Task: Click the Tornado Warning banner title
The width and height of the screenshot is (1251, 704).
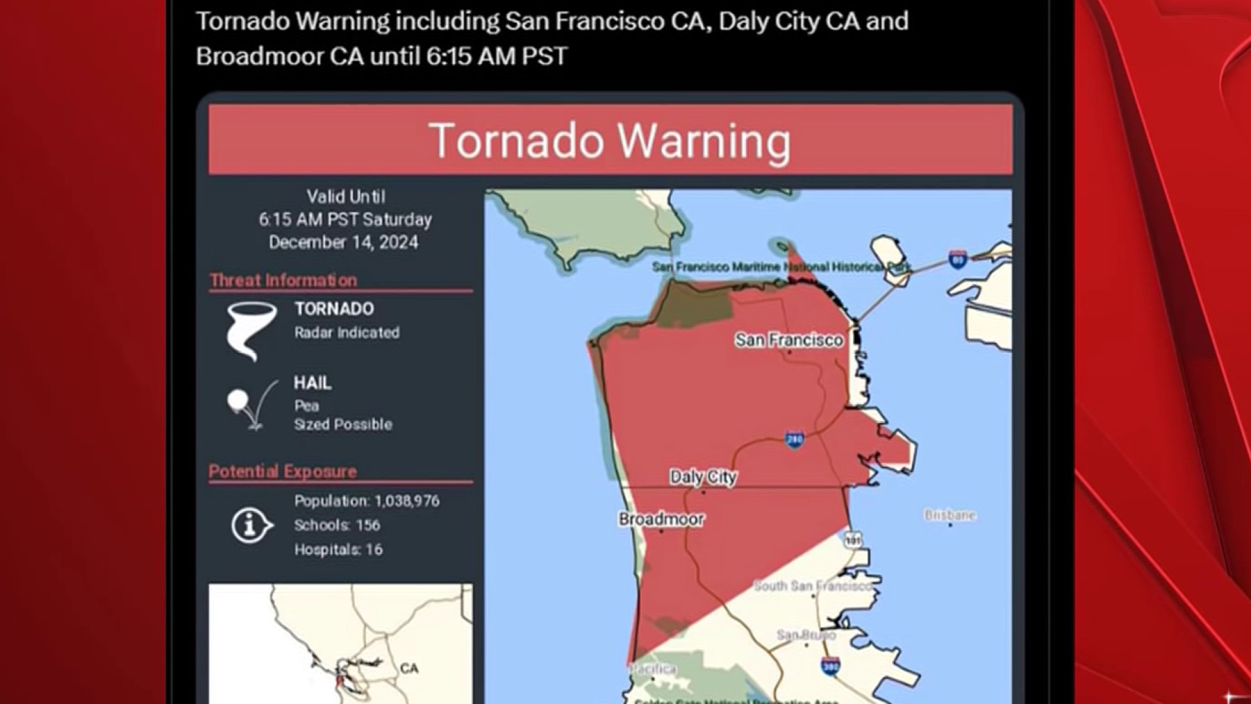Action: point(610,141)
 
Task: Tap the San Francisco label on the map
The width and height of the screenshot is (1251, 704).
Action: point(788,340)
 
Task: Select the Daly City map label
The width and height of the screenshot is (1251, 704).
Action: point(702,477)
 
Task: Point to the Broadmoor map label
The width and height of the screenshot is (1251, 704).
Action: point(661,520)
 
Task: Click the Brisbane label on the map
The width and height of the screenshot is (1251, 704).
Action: point(949,515)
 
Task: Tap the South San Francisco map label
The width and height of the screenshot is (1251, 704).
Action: point(812,586)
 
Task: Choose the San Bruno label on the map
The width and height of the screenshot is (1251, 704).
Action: point(805,634)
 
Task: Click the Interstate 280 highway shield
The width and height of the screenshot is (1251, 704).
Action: point(794,440)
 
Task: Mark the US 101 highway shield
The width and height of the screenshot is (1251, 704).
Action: point(853,539)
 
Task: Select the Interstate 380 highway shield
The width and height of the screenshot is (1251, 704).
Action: point(829,667)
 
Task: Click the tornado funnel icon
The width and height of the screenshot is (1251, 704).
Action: point(250,330)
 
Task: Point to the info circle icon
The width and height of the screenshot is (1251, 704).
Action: point(251,525)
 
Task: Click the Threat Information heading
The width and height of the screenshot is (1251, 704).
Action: point(283,280)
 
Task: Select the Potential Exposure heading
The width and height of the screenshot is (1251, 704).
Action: point(282,471)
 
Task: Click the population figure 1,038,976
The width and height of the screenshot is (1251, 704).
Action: point(407,501)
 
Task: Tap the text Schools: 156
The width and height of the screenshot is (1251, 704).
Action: point(337,525)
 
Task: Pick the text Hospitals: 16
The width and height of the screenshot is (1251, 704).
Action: point(338,550)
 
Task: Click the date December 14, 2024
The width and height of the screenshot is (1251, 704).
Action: point(343,242)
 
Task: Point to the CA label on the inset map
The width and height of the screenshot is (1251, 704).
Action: point(409,669)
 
